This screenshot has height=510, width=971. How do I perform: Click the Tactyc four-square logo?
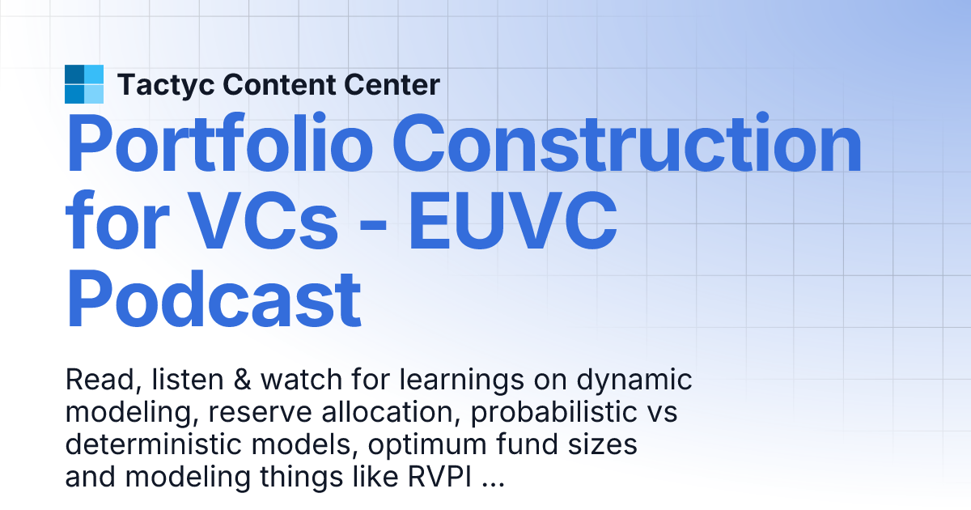[x=84, y=84]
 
